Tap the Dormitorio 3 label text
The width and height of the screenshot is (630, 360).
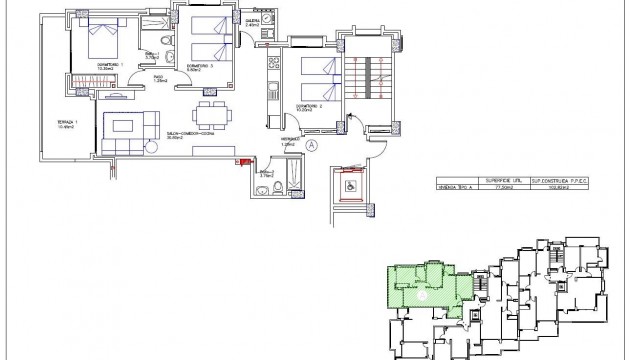pos(201,67)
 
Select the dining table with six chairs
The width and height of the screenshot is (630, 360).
pos(208,111)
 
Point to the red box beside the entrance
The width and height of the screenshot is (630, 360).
pos(240,160)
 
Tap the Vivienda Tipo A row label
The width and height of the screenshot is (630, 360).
pos(458,187)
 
